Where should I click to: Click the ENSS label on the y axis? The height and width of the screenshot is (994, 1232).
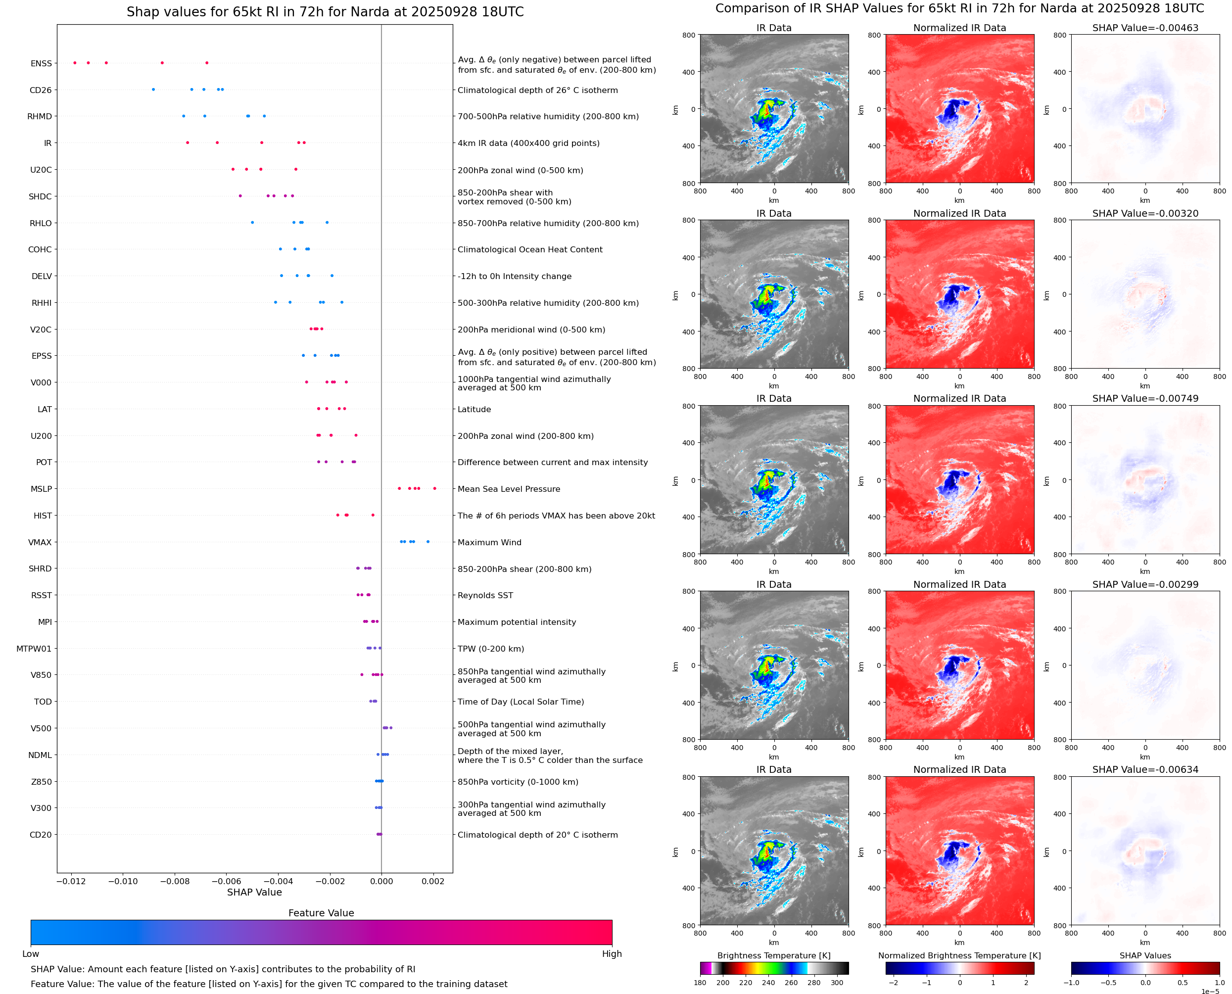41,63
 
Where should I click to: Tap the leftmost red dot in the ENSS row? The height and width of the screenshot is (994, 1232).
75,63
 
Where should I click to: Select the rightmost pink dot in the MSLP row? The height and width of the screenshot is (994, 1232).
434,488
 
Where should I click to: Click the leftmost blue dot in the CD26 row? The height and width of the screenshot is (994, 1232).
153,90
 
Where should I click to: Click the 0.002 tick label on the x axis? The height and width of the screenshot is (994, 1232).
433,881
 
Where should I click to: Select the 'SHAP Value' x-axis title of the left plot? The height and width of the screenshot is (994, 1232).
254,892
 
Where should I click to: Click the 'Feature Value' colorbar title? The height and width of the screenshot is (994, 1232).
321,913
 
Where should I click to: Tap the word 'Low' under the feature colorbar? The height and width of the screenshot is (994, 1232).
30,953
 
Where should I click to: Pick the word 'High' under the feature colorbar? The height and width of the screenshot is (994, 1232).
612,953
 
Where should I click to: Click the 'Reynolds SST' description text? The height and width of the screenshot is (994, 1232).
485,596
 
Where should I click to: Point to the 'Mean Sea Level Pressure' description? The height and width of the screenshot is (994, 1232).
508,489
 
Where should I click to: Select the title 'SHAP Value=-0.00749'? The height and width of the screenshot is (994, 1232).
1145,398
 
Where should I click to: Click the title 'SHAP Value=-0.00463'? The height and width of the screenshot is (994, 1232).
1145,28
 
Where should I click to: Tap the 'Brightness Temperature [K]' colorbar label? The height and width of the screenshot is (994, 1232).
773,955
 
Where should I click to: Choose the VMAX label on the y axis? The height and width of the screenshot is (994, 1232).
40,542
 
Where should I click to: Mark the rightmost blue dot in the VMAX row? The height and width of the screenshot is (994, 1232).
427,542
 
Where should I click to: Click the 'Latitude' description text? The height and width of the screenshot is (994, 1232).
474,409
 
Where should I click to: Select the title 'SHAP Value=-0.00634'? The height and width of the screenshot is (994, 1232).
1145,769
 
